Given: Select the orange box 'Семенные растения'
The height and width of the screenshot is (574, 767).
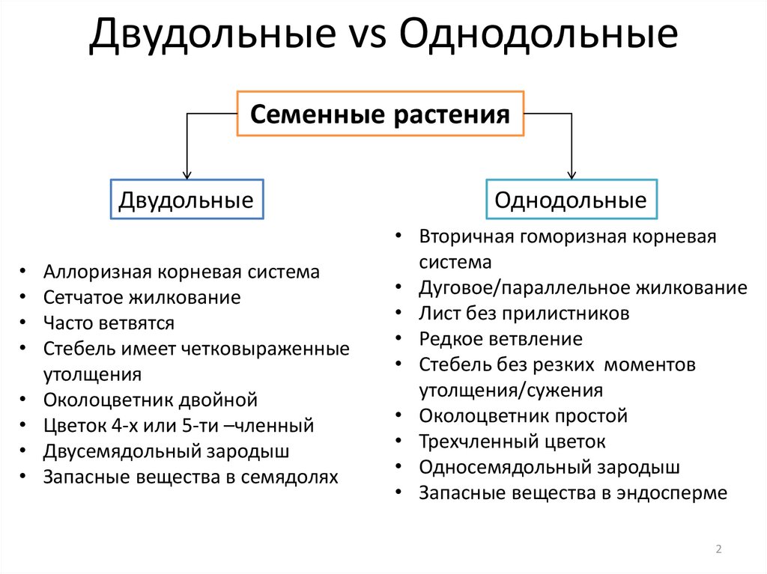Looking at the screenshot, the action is point(381,114).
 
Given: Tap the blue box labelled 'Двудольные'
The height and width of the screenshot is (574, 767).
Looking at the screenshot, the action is point(187,200).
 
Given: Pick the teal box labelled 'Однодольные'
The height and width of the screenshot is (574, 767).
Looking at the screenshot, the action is point(571,200).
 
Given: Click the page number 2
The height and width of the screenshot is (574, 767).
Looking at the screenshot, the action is point(718,550).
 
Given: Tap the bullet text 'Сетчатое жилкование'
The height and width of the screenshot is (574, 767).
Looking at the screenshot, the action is point(142,297).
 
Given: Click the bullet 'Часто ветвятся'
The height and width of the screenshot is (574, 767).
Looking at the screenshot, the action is point(109,323).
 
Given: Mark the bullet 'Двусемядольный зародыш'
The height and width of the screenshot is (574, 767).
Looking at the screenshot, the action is point(166,451).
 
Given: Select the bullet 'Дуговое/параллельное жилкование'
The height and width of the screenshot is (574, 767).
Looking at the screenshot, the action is point(583,288).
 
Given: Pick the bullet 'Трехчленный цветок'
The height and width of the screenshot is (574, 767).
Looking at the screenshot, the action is point(512,442).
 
